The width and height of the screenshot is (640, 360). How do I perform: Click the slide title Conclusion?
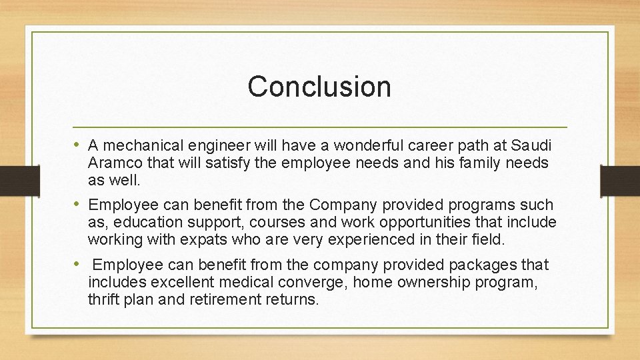click(x=319, y=87)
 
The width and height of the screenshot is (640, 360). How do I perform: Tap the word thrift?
click(x=102, y=300)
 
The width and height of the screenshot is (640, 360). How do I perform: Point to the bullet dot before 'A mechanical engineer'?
click(x=79, y=145)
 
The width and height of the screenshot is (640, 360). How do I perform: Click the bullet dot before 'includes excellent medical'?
click(x=79, y=265)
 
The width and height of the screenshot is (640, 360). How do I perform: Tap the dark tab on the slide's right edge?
click(x=619, y=180)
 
